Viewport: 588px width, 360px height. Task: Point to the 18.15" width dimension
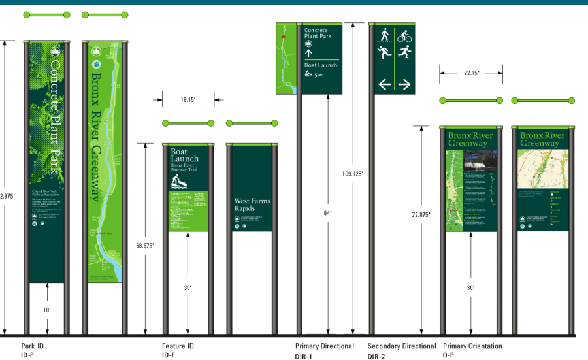click(x=188, y=99)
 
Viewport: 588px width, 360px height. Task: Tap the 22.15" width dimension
click(x=472, y=73)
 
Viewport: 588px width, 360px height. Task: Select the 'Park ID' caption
click(x=32, y=346)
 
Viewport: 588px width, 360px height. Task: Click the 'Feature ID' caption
click(x=178, y=346)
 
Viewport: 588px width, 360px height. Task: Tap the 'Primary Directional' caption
click(x=324, y=346)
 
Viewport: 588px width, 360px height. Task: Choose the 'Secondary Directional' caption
click(x=401, y=346)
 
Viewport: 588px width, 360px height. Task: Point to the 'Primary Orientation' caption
click(x=472, y=346)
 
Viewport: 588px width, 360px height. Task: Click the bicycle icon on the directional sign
click(x=404, y=36)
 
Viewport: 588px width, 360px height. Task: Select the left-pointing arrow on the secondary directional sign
click(x=384, y=84)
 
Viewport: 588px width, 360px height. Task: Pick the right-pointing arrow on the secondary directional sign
click(x=404, y=84)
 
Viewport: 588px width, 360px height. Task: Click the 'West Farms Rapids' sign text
click(x=252, y=205)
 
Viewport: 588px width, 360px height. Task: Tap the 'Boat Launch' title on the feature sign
click(x=184, y=155)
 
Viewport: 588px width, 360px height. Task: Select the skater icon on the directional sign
click(x=404, y=54)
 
